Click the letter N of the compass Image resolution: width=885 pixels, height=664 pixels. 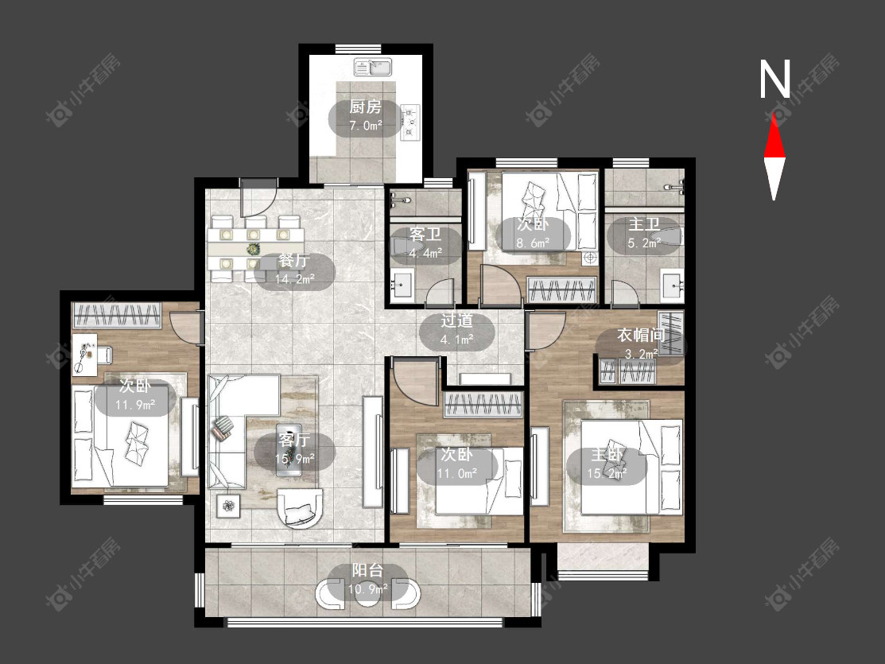774,79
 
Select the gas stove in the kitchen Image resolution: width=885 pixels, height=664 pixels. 410,122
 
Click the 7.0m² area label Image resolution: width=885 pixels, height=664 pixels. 365,126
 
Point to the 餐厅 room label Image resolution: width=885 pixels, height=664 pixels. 294,260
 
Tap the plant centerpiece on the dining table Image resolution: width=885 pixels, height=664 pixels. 254,249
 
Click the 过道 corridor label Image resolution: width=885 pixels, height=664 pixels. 456,320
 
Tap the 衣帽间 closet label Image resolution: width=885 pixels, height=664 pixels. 641,335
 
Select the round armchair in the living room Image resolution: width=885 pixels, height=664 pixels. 301,507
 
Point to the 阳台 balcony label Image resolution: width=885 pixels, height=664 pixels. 367,570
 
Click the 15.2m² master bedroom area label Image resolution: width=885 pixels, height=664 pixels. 607,473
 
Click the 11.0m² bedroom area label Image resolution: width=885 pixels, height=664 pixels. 457,473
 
